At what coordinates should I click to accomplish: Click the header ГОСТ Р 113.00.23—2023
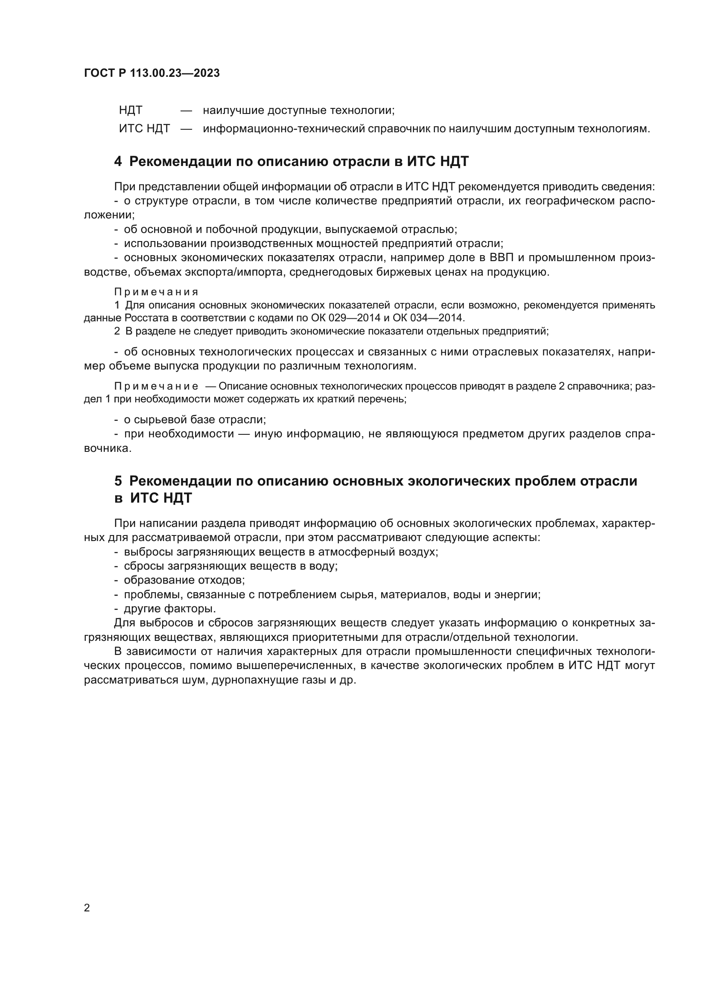coord(152,73)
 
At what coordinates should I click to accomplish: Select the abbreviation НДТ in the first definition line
coord(131,111)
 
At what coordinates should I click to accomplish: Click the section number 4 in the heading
coord(118,162)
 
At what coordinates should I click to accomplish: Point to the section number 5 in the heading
coord(118,481)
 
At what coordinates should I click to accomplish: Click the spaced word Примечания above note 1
coord(156,292)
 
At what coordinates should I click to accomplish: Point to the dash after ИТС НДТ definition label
coord(186,129)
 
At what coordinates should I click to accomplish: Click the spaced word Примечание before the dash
coord(156,386)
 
